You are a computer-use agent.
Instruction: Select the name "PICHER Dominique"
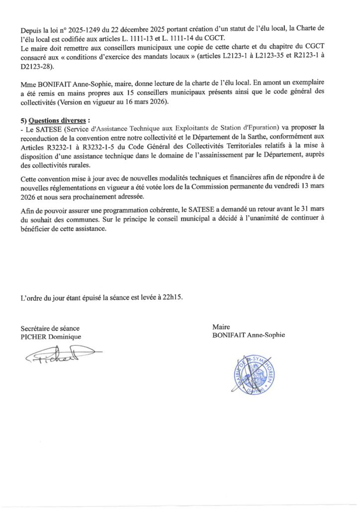point(50,337)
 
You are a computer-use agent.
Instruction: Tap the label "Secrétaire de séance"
point(50,329)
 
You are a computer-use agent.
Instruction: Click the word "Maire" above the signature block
point(221,327)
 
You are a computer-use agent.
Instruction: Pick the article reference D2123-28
point(37,66)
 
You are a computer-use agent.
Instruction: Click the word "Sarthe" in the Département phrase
point(274,137)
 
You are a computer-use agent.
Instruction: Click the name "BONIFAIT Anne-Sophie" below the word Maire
point(248,335)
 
